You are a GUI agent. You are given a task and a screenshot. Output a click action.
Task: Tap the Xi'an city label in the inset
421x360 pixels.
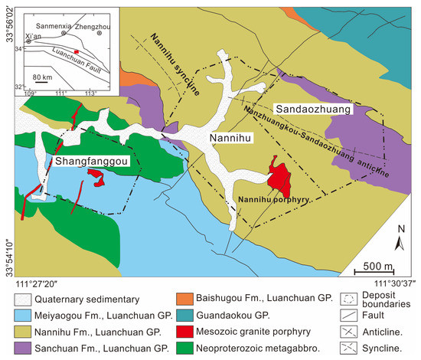[x=33, y=36]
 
